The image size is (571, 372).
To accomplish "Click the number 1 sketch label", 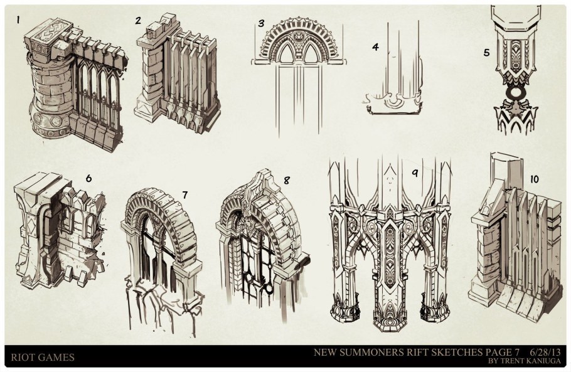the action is tap(18, 19).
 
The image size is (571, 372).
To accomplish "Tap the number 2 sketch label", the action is tap(137, 20).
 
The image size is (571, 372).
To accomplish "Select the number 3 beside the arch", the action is tap(261, 23).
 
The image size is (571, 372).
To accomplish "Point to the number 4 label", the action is tap(375, 46).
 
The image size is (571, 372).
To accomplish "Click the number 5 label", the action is tap(486, 53).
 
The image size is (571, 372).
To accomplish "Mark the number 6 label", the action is tap(88, 178).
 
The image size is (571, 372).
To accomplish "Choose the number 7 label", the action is tap(185, 195).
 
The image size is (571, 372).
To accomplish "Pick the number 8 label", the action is tap(287, 180).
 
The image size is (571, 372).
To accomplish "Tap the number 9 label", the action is tap(415, 173).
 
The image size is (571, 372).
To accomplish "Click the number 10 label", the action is tap(534, 179).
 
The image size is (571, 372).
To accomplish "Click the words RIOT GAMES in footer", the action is tap(43, 357).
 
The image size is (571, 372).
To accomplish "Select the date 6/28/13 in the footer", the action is tap(545, 352).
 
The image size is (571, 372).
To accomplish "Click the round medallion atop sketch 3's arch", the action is tap(297, 37).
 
